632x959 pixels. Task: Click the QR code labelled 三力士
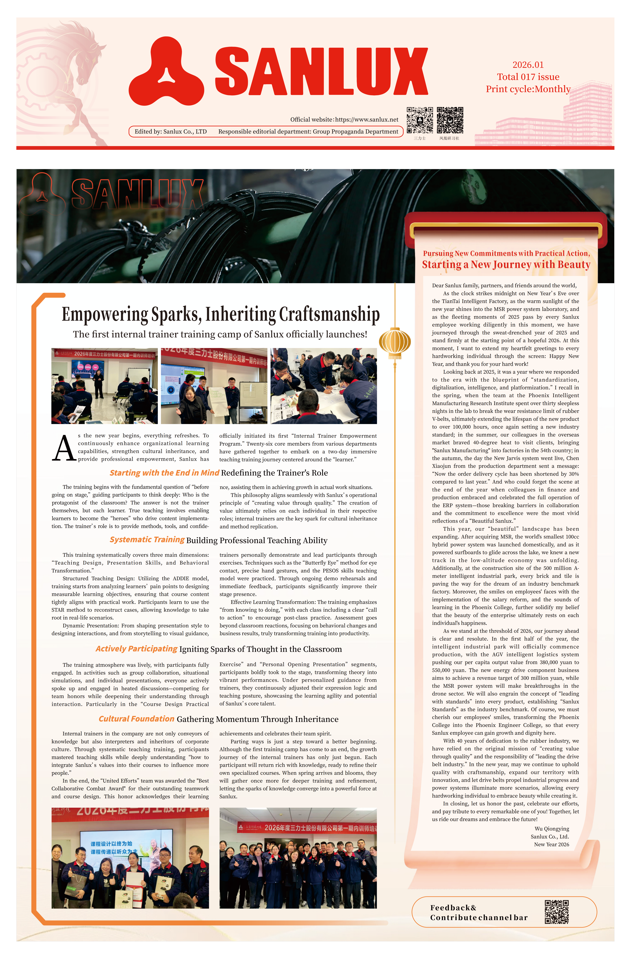(x=420, y=120)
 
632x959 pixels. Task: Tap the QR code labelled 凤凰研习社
(x=450, y=120)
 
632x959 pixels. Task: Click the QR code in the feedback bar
(x=557, y=912)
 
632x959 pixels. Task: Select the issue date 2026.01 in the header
(x=528, y=65)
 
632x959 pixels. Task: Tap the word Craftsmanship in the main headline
(x=329, y=314)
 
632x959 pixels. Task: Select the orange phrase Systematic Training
(x=147, y=540)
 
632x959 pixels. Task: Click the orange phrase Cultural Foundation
(x=137, y=719)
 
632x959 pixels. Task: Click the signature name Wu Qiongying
(x=552, y=829)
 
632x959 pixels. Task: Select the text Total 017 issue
(x=528, y=77)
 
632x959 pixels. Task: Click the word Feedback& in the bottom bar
(x=453, y=908)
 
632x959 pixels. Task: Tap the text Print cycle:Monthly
(x=528, y=89)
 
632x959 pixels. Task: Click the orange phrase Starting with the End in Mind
(x=164, y=473)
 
